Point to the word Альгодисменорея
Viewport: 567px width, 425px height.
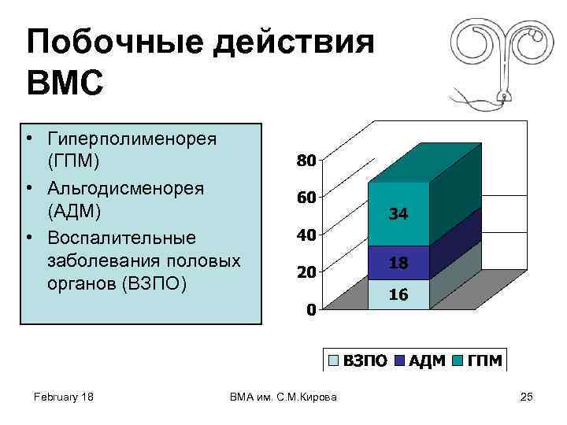click(x=126, y=189)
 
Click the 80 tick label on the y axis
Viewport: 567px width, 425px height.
click(x=306, y=161)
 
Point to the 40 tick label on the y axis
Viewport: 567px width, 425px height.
click(x=306, y=235)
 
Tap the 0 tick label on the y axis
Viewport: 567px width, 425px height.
click(x=311, y=309)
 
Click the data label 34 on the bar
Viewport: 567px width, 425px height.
click(x=398, y=213)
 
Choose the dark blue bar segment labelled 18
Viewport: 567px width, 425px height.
click(x=398, y=263)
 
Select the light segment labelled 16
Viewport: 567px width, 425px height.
click(x=398, y=294)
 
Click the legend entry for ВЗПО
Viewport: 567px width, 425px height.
click(x=358, y=360)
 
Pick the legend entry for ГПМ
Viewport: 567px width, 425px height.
click(x=477, y=360)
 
